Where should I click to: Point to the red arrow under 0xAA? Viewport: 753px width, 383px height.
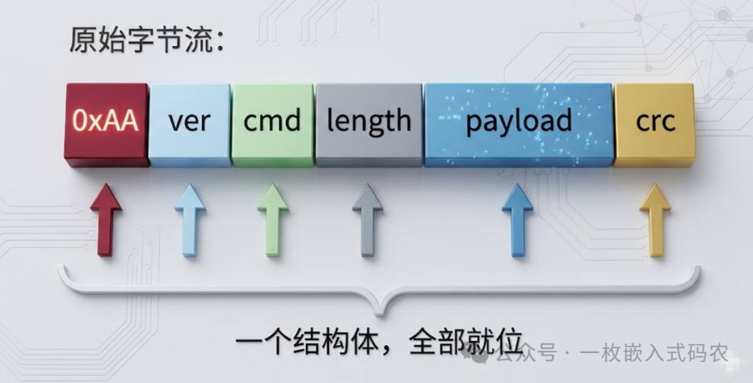coord(106,219)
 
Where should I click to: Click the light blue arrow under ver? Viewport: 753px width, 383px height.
coord(190,219)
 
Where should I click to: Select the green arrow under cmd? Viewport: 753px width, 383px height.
coord(273,219)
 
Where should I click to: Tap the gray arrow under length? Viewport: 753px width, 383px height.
coord(367,219)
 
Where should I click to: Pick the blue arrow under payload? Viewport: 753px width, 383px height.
coord(517,219)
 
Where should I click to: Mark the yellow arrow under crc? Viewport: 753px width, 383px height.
coord(655,219)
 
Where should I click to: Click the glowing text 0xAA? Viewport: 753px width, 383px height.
coord(105,122)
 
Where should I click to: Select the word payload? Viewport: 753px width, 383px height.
coord(519,122)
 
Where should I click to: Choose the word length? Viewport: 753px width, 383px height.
coord(369,122)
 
